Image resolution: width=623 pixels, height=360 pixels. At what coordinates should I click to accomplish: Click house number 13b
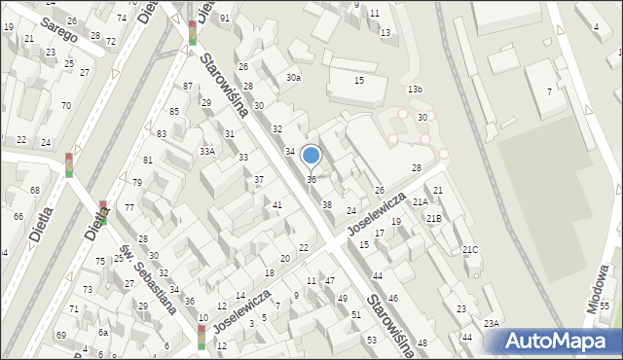416,90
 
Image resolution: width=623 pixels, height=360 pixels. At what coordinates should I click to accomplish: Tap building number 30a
293,78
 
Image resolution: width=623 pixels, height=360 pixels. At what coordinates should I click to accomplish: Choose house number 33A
207,151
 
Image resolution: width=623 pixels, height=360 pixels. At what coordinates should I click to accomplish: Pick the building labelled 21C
470,250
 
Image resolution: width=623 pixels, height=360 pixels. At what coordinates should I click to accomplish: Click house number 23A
492,323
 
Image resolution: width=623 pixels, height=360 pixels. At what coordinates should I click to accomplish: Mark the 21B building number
433,218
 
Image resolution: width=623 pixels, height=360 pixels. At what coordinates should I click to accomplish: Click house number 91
225,18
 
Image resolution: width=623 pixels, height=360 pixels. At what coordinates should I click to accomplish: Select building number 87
187,87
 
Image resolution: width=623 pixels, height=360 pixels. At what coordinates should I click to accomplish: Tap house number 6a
102,332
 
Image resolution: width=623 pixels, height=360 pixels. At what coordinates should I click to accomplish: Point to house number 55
604,306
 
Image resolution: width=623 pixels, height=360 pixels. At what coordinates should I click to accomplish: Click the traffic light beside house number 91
193,33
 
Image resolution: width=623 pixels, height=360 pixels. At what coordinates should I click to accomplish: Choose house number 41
277,204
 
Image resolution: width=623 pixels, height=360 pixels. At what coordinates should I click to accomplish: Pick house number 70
65,105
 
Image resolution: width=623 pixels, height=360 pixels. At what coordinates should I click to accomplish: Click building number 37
259,180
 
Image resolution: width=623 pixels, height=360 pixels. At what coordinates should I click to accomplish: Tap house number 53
371,340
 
